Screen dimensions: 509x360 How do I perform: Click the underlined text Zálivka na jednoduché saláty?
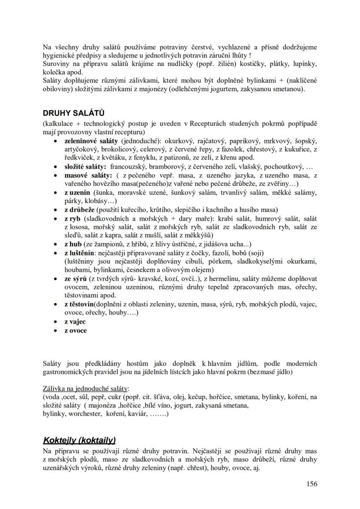(86, 388)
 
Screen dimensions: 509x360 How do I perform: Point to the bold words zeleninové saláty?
(91, 141)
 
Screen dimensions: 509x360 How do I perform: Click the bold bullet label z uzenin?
(77, 193)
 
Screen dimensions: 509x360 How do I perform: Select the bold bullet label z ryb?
(73, 218)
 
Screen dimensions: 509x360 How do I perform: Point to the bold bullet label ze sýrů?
(76, 278)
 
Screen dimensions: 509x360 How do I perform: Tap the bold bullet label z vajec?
(75, 322)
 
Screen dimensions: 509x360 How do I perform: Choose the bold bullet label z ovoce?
(75, 330)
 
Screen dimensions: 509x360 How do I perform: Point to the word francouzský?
(129, 167)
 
